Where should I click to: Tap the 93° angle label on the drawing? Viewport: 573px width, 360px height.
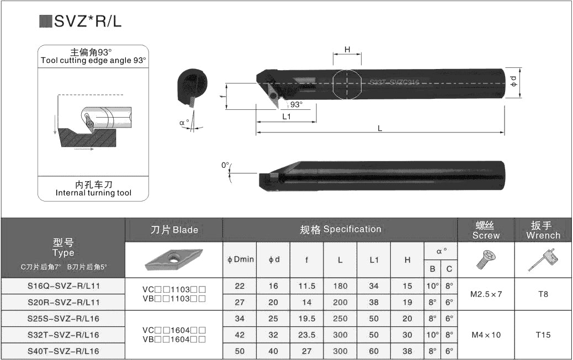point(296,104)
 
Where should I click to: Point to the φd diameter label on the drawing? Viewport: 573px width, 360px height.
point(513,81)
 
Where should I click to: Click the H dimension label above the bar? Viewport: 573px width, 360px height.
point(347,50)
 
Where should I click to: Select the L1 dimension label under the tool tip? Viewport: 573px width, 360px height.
point(286,117)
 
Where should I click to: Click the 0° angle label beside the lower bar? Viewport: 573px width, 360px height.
point(225,165)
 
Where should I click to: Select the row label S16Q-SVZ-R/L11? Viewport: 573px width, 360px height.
point(63,286)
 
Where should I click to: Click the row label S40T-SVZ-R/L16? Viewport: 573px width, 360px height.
point(63,351)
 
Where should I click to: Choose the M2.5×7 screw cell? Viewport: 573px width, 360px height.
point(486,294)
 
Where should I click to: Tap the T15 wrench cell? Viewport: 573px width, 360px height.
point(543,335)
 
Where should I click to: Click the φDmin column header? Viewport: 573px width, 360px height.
point(241,259)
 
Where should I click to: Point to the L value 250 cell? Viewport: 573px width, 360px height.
point(340,319)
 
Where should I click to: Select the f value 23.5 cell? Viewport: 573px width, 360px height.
point(306,335)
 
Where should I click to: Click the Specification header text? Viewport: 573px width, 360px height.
point(340,229)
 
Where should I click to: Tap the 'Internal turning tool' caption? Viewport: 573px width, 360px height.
point(94,193)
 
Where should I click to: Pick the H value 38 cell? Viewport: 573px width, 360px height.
point(407,351)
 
